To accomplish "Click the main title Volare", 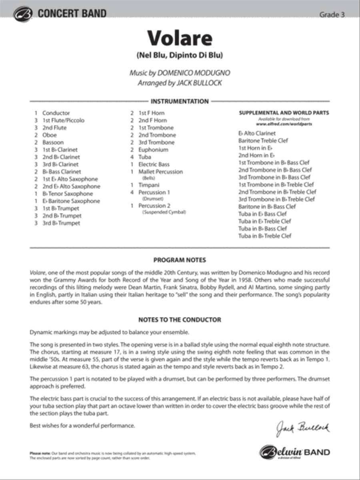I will pos(180,38).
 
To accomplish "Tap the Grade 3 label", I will pos(332,15).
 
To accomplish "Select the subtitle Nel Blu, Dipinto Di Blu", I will pos(180,55).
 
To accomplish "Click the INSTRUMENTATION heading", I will pos(180,102).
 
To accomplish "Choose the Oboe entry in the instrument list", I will pos(50,135).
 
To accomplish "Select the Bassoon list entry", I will pos(53,142).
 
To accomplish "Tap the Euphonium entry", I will pos(153,150).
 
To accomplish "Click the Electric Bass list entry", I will pos(154,164).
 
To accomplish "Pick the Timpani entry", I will pos(149,185).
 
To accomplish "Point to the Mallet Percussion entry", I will pos(160,172).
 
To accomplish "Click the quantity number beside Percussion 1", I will pos(132,192).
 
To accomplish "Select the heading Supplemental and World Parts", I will pos(284,113).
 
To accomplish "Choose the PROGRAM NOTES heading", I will pos(180,260).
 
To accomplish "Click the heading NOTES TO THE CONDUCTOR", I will pos(180,320).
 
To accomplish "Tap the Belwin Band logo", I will pos(295,452).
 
